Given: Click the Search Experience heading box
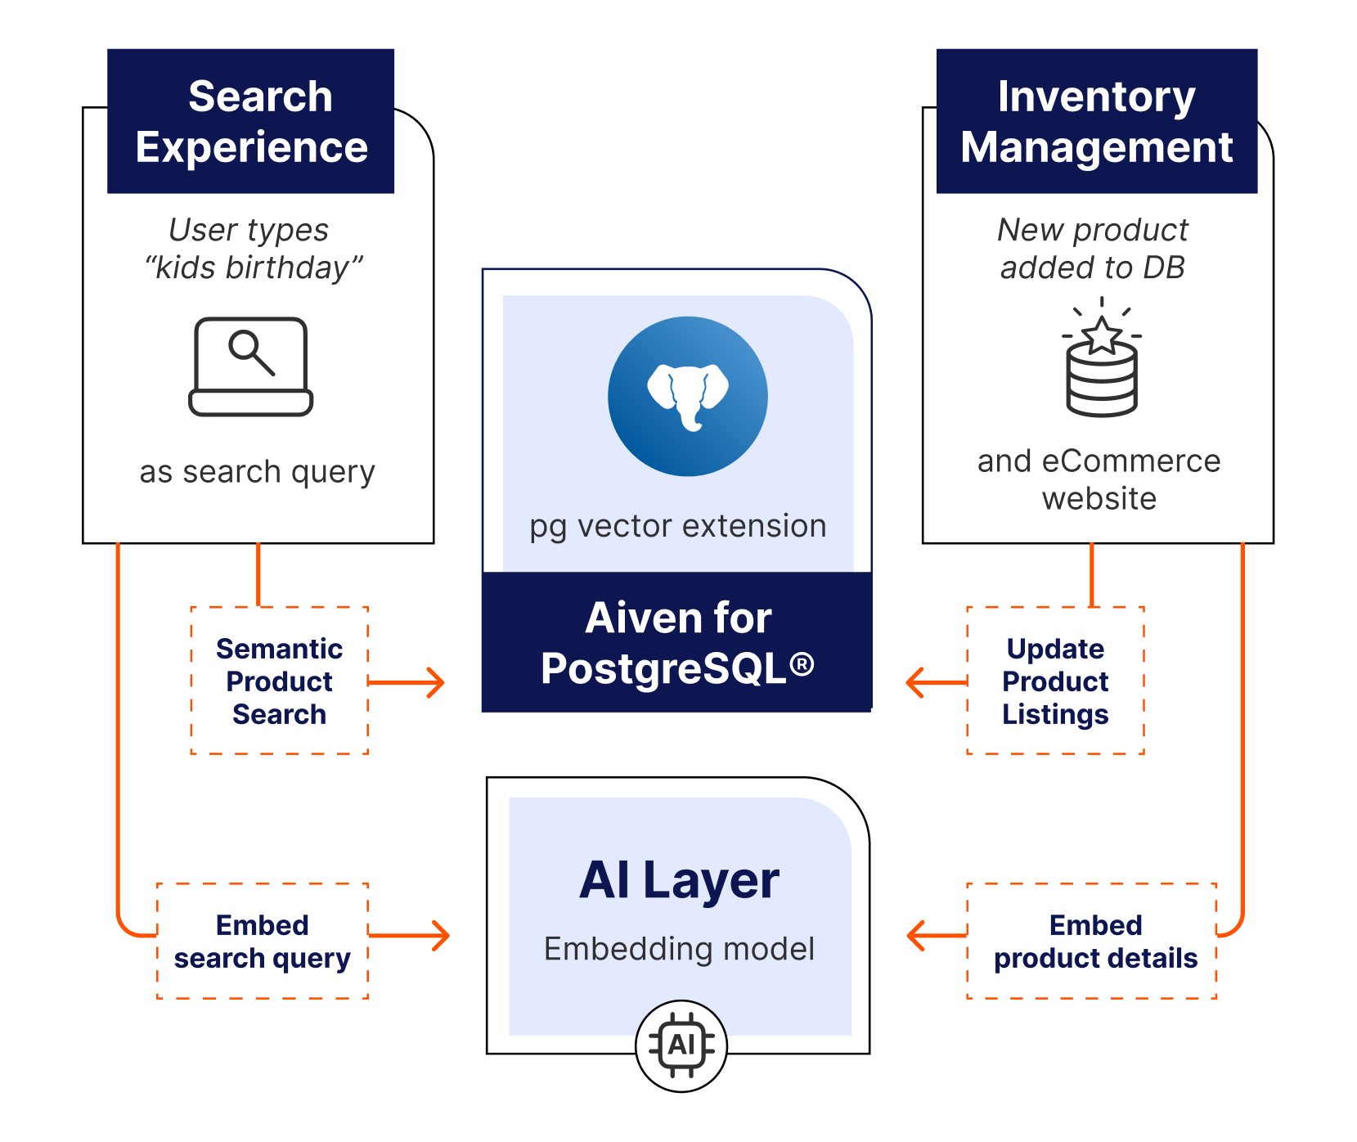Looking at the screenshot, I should [251, 121].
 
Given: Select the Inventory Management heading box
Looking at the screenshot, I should [1096, 121].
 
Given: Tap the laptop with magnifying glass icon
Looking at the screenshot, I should [251, 366].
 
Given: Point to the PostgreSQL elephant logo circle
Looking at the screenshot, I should [687, 396].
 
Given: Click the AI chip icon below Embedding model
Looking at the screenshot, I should [681, 1045].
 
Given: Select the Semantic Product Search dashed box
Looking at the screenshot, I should [279, 681].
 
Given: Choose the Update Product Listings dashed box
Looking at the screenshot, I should [1055, 681].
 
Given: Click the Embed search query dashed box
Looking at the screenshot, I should [262, 941].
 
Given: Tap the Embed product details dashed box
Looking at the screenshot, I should [1094, 941].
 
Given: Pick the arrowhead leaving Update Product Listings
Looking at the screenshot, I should [916, 681].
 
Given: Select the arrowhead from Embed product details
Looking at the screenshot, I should [917, 935].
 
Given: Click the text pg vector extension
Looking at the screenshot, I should [678, 526].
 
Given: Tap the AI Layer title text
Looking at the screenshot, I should [679, 880].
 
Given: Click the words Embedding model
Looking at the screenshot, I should [679, 949].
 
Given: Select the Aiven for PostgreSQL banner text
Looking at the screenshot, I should [677, 643].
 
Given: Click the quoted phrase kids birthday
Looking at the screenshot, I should [254, 268].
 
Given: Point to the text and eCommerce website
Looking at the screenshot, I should [1099, 479].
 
